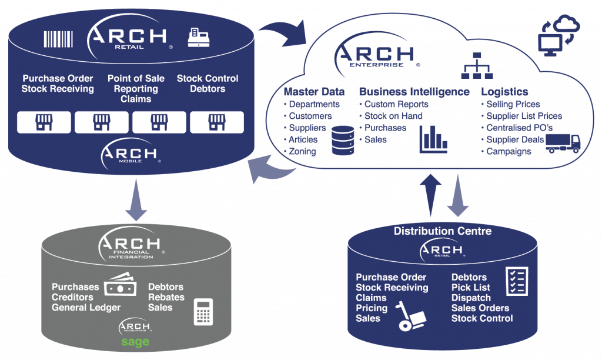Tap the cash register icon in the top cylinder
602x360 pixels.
pyautogui.click(x=196, y=38)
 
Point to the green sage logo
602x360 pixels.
pyautogui.click(x=135, y=342)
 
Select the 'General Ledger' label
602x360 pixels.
pyautogui.click(x=86, y=307)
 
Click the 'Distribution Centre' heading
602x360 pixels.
pyautogui.click(x=442, y=231)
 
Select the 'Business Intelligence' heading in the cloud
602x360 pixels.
pyautogui.click(x=414, y=92)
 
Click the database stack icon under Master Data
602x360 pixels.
pyautogui.click(x=342, y=140)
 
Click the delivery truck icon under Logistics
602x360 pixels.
pyautogui.click(x=563, y=144)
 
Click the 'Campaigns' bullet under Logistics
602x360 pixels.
pyautogui.click(x=509, y=151)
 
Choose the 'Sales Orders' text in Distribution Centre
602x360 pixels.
pyautogui.click(x=480, y=308)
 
